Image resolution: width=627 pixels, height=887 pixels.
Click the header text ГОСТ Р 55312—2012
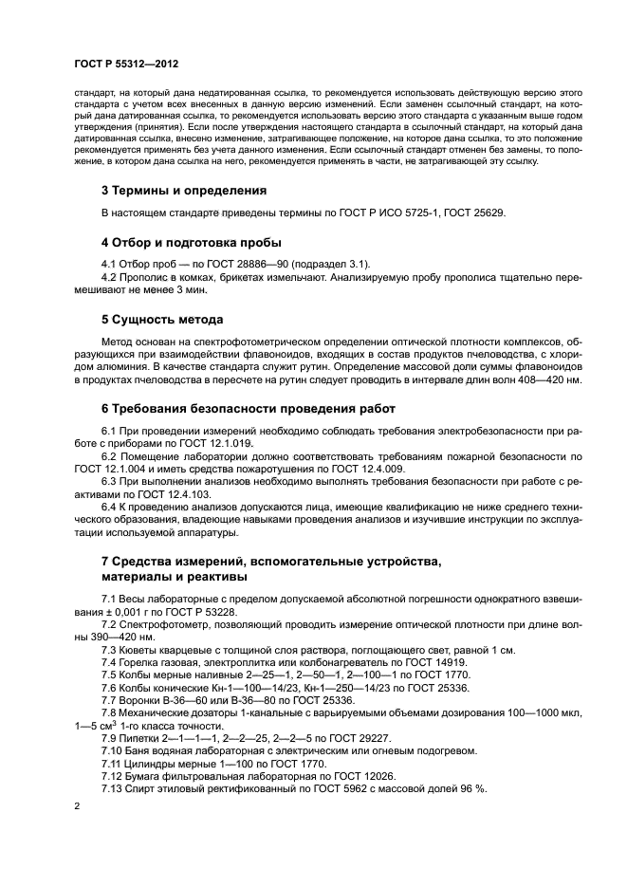point(126,64)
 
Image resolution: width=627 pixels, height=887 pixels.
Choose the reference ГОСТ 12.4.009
point(365,469)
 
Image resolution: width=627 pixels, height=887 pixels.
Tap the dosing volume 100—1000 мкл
point(539,711)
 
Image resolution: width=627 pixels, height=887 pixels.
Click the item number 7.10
point(112,749)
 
